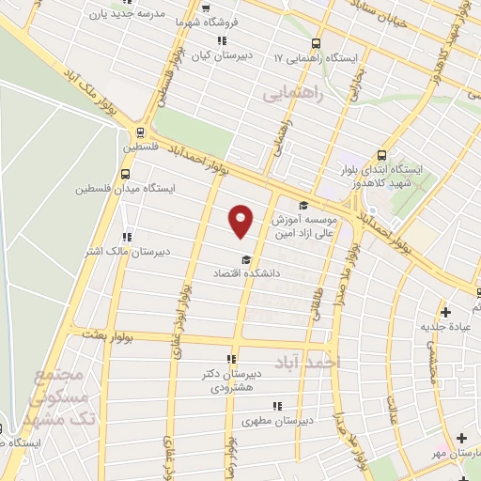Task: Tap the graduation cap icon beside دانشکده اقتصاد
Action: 245,259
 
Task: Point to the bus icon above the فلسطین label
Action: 139,132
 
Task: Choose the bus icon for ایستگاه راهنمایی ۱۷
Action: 316,43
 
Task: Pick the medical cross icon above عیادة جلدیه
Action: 446,311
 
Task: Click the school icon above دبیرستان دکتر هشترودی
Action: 231,358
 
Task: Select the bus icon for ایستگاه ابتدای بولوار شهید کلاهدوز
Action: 382,156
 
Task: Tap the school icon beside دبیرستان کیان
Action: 222,40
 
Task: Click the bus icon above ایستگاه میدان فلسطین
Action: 131,174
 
